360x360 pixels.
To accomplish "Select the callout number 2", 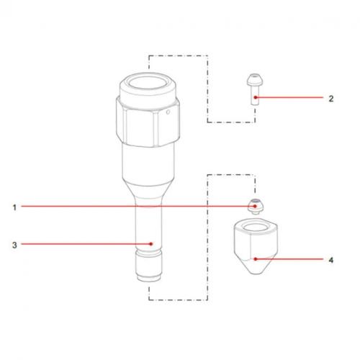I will coord(330,99).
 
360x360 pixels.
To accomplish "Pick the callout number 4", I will coord(330,260).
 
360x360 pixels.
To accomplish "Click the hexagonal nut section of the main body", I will coord(144,119).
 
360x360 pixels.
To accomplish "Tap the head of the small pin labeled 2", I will coord(253,81).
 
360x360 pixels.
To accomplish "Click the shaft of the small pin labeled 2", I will coord(253,98).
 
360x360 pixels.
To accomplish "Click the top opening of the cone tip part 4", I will coord(253,230).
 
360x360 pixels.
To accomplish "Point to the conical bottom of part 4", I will coord(253,270).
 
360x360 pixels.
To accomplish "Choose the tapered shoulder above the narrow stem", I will coord(150,193).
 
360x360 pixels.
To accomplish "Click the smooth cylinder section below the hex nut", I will coord(148,162).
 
